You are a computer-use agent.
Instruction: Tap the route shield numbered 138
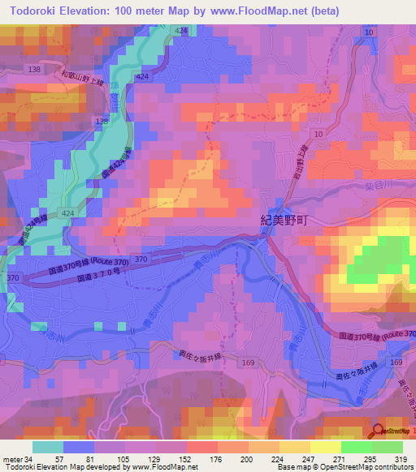coord(34,71)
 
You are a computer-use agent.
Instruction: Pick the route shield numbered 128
coord(102,121)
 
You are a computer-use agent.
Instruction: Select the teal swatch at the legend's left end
coord(48,447)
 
